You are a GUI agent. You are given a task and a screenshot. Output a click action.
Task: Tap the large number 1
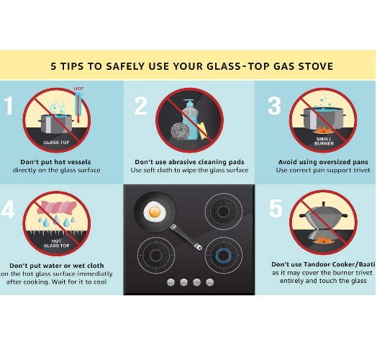(9, 105)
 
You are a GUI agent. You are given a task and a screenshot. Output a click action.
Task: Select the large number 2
(141, 105)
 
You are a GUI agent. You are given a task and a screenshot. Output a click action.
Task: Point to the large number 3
(274, 105)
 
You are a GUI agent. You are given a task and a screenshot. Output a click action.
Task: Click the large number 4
(8, 209)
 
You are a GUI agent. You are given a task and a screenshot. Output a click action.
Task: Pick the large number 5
(276, 208)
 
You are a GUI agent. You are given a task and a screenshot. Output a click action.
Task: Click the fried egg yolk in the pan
(155, 212)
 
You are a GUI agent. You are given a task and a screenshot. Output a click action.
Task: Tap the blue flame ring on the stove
(223, 255)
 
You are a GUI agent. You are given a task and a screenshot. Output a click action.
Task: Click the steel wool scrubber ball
(181, 131)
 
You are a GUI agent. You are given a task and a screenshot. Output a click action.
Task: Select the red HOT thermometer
(78, 106)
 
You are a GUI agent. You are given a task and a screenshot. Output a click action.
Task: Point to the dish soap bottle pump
(188, 104)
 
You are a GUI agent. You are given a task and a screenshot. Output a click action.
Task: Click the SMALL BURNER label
(324, 141)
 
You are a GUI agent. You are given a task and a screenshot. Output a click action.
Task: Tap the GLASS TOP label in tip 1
(57, 143)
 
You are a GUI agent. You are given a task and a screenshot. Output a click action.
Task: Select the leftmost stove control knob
(171, 282)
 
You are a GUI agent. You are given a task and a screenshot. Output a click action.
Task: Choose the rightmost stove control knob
(210, 282)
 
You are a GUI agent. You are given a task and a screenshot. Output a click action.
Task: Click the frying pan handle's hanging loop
(199, 247)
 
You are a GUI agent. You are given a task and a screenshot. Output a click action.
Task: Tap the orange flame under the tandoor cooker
(323, 240)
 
